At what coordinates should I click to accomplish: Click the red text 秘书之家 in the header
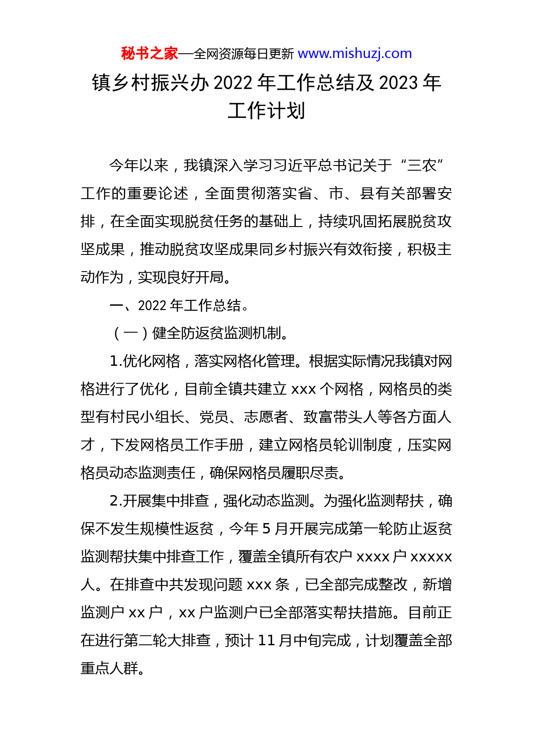click(149, 53)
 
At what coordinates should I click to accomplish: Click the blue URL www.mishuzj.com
click(355, 53)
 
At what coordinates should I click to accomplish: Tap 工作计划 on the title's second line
click(266, 110)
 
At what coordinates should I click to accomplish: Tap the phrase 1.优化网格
click(145, 361)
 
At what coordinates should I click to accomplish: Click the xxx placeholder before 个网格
click(304, 389)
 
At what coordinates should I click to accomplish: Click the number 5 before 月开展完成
click(266, 529)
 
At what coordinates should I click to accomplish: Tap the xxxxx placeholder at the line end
click(431, 557)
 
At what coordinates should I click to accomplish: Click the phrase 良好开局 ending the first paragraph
click(195, 277)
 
